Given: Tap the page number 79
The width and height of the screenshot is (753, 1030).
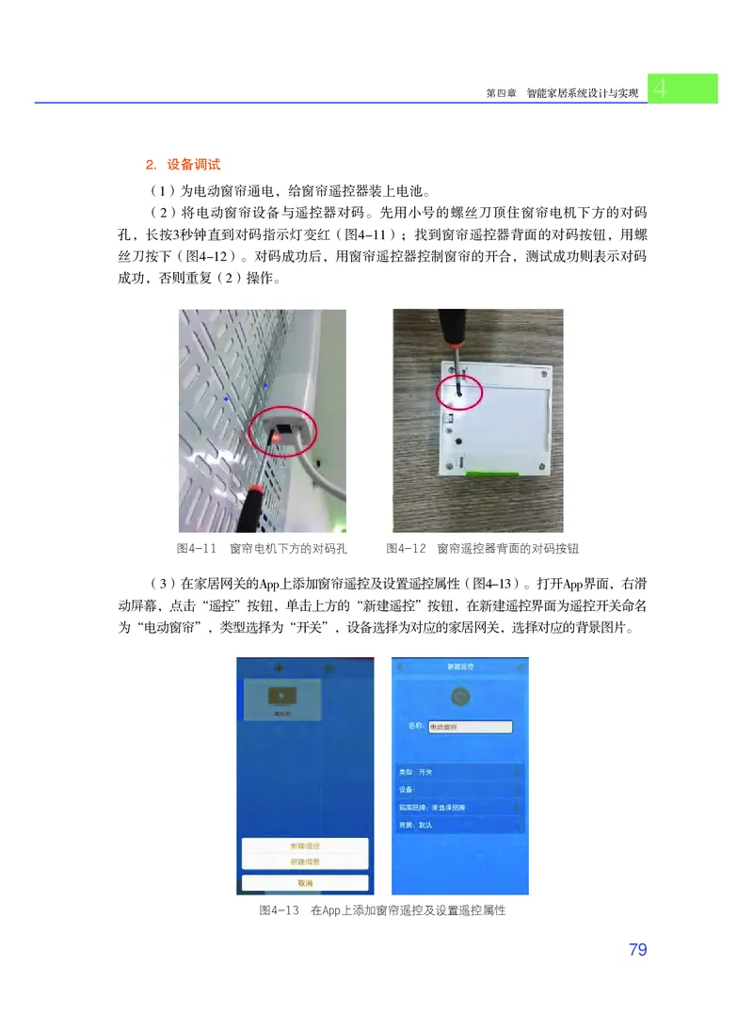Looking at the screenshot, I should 637,949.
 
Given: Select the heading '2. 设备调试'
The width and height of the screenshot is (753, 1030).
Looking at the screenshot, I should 184,165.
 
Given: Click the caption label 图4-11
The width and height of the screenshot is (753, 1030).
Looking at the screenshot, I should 198,548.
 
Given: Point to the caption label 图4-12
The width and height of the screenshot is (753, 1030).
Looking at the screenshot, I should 407,548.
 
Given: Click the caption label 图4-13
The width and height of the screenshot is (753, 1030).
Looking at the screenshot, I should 279,910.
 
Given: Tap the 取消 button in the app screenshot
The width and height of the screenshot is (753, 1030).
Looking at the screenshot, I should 305,882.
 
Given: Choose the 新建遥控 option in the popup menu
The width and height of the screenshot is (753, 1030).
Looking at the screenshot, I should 305,845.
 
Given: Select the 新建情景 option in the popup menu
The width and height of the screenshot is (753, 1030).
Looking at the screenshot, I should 305,861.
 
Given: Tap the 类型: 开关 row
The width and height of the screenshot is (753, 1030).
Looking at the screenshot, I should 459,772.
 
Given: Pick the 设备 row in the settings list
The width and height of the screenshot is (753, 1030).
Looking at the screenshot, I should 459,790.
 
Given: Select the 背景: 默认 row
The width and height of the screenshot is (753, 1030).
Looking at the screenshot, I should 459,825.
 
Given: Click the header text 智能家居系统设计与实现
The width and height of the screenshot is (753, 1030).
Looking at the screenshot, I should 583,94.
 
